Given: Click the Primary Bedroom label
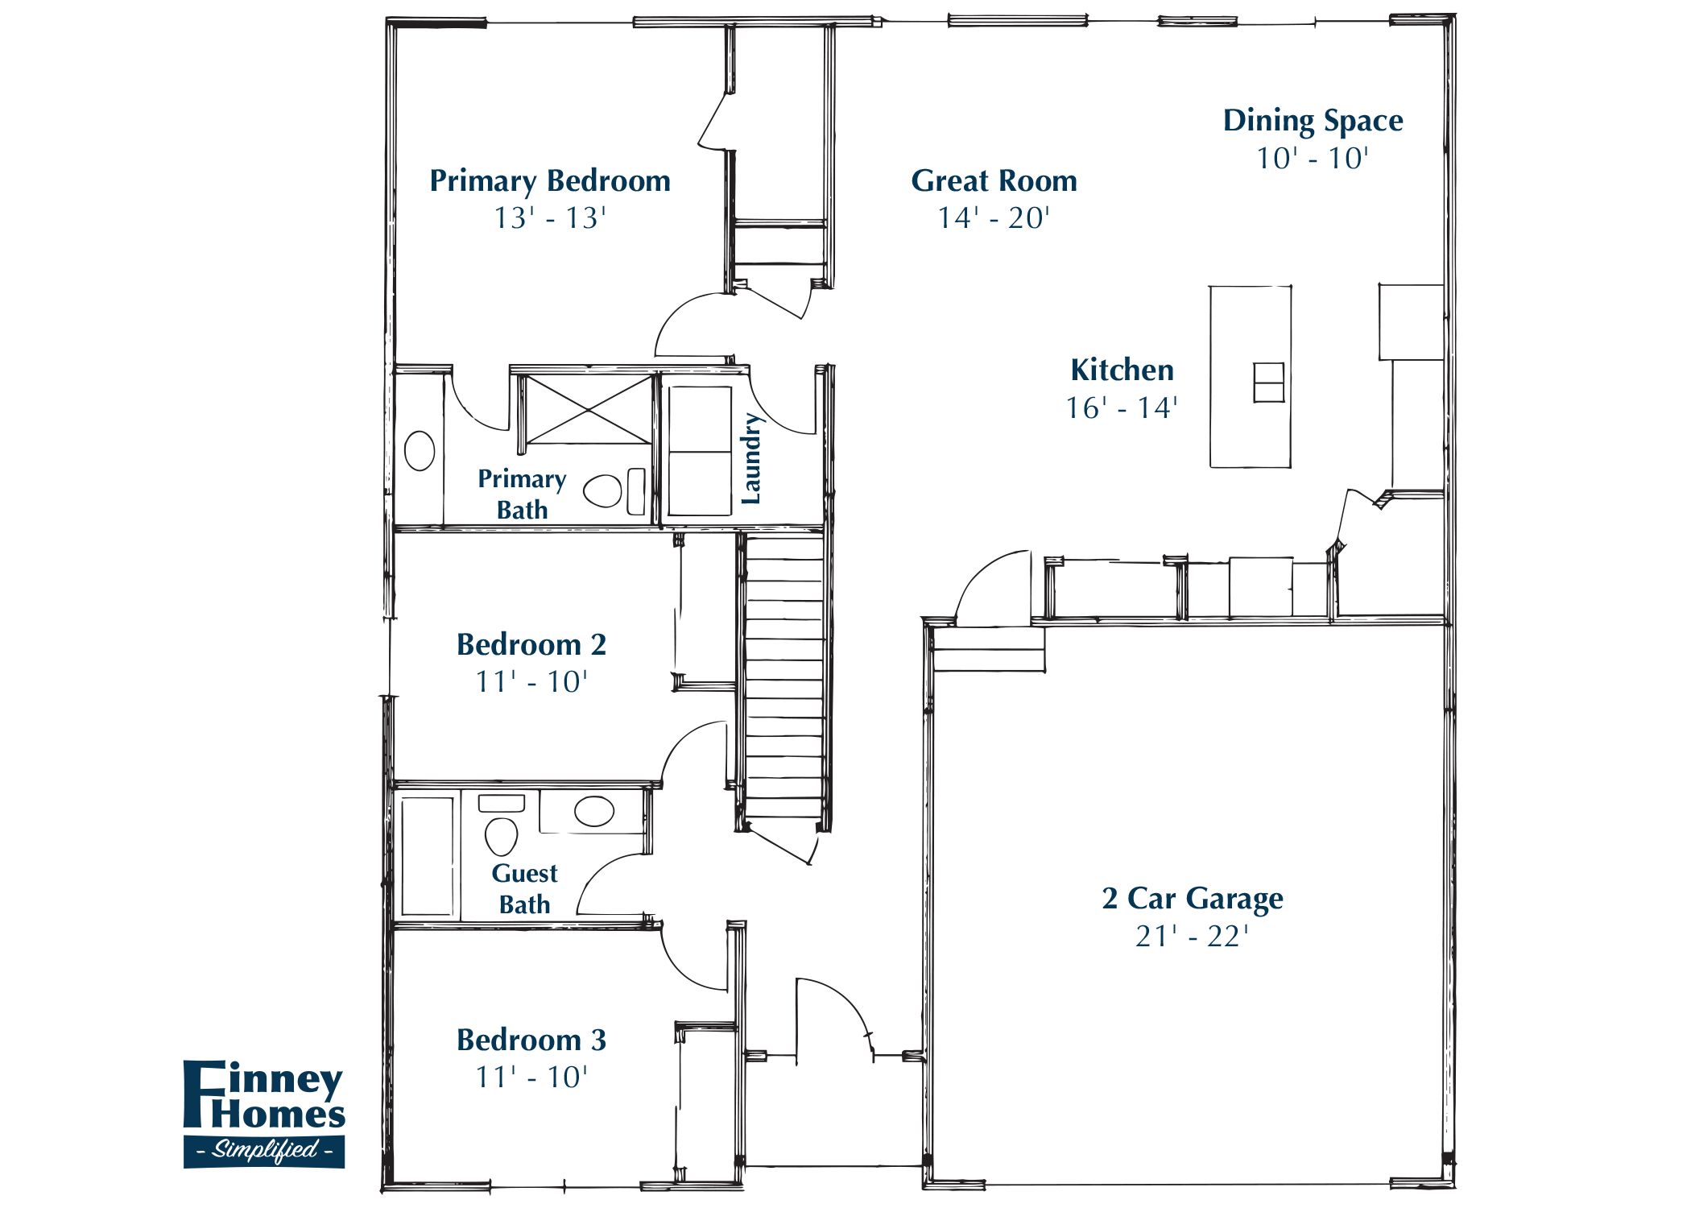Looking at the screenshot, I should (x=550, y=181).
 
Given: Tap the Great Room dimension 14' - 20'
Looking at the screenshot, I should (x=994, y=218).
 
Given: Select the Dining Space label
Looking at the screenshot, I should (x=1313, y=121).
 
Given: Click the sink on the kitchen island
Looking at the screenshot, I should (x=1268, y=382).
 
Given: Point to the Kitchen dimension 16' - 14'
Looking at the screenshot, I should (x=1122, y=408).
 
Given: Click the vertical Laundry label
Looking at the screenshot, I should (x=750, y=459).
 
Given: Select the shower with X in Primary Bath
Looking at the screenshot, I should (x=589, y=409).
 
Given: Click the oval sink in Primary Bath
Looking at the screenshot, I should (x=420, y=451).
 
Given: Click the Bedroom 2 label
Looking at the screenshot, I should (x=531, y=645).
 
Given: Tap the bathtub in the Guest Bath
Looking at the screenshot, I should (x=427, y=856).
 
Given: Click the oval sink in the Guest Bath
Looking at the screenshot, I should (x=594, y=811).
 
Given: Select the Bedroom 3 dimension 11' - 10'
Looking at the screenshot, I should (x=531, y=1078).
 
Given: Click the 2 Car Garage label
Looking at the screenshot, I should (x=1192, y=899).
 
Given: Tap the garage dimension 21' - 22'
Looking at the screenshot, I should (x=1192, y=937).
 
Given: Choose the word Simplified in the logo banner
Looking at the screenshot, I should (x=264, y=1150).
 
